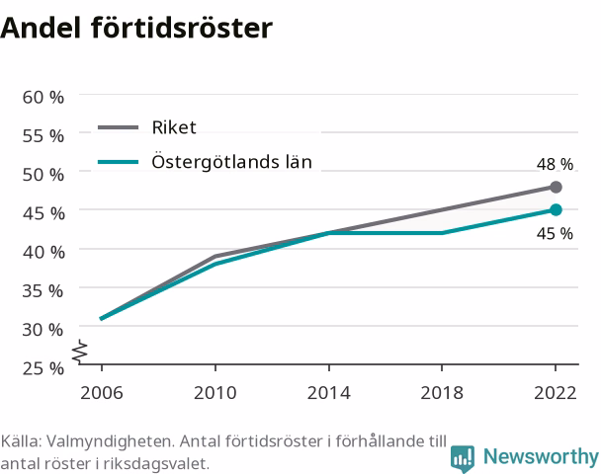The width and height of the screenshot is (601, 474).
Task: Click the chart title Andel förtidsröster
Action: (136, 28)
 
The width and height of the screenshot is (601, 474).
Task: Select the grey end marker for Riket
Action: (556, 187)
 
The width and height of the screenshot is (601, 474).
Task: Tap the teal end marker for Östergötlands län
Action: (556, 209)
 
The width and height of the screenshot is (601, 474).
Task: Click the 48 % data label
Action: (555, 164)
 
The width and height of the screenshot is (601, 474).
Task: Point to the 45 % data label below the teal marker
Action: (555, 234)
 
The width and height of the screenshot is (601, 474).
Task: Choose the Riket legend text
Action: (174, 127)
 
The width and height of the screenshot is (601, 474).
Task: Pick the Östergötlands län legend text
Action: (232, 161)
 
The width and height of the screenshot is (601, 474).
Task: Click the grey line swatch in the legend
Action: (118, 127)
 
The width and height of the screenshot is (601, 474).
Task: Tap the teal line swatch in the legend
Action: (118, 162)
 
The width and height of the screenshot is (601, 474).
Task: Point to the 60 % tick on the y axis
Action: (43, 97)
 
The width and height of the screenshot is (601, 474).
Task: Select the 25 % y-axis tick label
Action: (43, 368)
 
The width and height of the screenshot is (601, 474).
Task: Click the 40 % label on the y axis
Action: (43, 253)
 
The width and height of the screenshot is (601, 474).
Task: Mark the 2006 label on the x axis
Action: (102, 393)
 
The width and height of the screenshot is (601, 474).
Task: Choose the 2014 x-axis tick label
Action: (328, 393)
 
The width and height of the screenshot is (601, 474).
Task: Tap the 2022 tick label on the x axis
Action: (556, 393)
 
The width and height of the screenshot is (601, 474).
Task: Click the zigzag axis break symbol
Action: (80, 352)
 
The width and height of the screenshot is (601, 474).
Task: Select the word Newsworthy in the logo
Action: (541, 456)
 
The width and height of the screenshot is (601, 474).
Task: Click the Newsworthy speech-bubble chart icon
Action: (463, 458)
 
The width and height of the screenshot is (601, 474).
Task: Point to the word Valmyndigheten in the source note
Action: (111, 441)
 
